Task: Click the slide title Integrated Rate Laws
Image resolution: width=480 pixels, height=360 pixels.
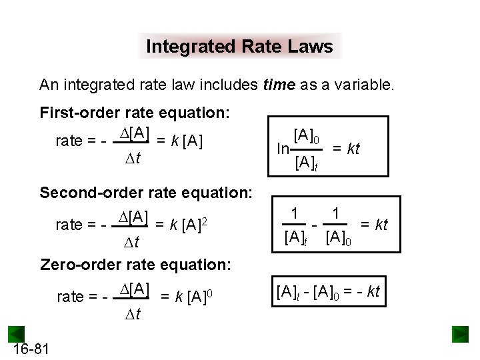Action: tap(239, 47)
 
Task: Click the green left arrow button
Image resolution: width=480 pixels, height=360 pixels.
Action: tap(16, 334)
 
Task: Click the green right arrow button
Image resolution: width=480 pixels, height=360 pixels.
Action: tap(460, 333)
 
